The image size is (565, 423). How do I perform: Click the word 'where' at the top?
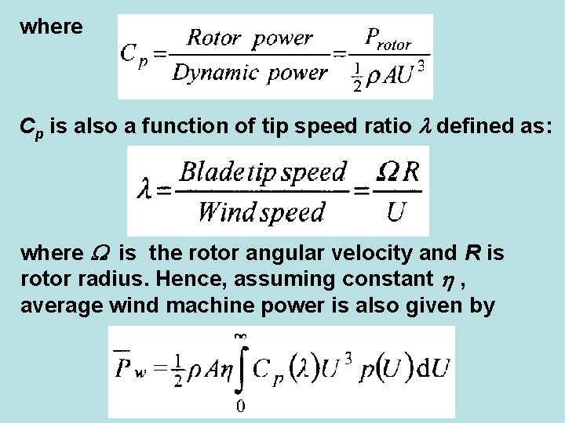coord(51,27)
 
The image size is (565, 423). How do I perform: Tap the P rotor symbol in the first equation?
coord(388,38)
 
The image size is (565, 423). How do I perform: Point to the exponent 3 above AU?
coord(422,67)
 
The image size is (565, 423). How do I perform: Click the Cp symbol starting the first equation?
coord(133,55)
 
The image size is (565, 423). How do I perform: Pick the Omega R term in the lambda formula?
coord(398,171)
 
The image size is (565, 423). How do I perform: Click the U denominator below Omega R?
coord(397,211)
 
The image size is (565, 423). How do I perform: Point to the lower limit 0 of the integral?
coord(240,405)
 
